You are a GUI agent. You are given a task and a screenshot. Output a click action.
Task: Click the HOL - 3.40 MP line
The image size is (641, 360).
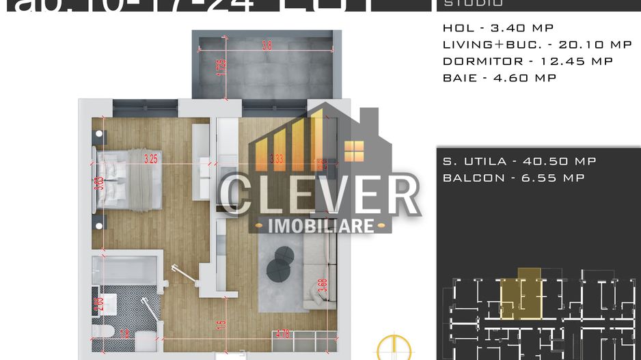[497, 28]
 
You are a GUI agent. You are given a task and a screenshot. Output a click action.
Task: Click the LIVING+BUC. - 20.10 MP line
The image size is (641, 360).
[537, 44]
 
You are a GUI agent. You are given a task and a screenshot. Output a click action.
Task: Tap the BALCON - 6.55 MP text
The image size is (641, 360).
[513, 178]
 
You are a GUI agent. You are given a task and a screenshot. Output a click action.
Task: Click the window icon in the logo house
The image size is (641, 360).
[354, 150]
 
